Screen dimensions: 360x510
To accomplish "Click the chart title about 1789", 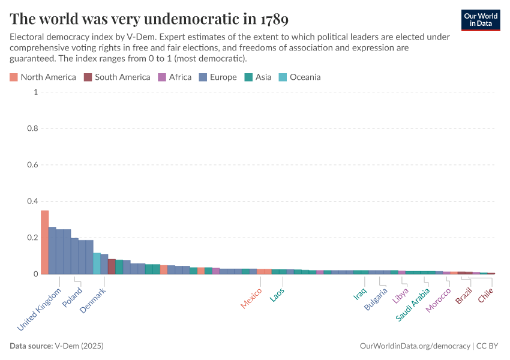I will pos(149,19).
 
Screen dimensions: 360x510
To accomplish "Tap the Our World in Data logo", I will pos(481,19).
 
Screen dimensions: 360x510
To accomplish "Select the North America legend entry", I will pos(43,77).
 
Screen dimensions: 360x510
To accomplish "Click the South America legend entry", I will pos(117,77).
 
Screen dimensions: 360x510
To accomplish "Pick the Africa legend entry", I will pos(175,77).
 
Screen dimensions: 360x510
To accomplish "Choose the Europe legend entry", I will pos(218,77).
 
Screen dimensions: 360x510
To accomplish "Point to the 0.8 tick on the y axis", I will pos(33,128).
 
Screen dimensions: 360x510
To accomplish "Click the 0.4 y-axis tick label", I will pos(33,201).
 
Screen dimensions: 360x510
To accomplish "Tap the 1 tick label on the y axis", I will pos(36,92).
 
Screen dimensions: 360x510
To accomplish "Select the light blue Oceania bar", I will pos(97,263).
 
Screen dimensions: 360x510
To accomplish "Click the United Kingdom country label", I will pos(40,310).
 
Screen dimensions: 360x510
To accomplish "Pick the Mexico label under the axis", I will pos(251,298).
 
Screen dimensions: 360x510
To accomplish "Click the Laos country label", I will pos(277,295).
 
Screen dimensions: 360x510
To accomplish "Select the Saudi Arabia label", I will pos(413,305).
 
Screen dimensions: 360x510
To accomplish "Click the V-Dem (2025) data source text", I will pos(79,346).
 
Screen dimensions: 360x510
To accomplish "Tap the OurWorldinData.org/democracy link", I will pos(415,346).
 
